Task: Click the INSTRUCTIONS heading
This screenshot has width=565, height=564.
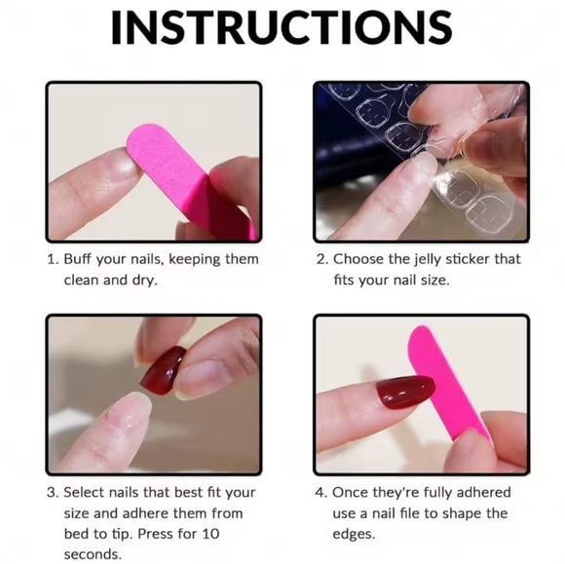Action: point(282,27)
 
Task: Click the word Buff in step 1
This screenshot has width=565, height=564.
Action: point(77,259)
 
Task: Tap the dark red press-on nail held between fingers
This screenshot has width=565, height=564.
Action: point(163,370)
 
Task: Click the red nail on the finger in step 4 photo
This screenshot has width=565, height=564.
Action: point(404,392)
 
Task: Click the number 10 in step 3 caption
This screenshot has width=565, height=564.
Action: point(210,534)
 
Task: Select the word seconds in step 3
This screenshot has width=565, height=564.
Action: point(93,554)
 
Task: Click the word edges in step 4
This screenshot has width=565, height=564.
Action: point(354,535)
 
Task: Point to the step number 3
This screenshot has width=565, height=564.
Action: point(53,493)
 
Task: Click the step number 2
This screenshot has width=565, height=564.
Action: point(321,259)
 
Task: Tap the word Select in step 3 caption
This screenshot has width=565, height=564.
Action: point(84,492)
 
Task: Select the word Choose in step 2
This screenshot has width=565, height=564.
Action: point(358,259)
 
